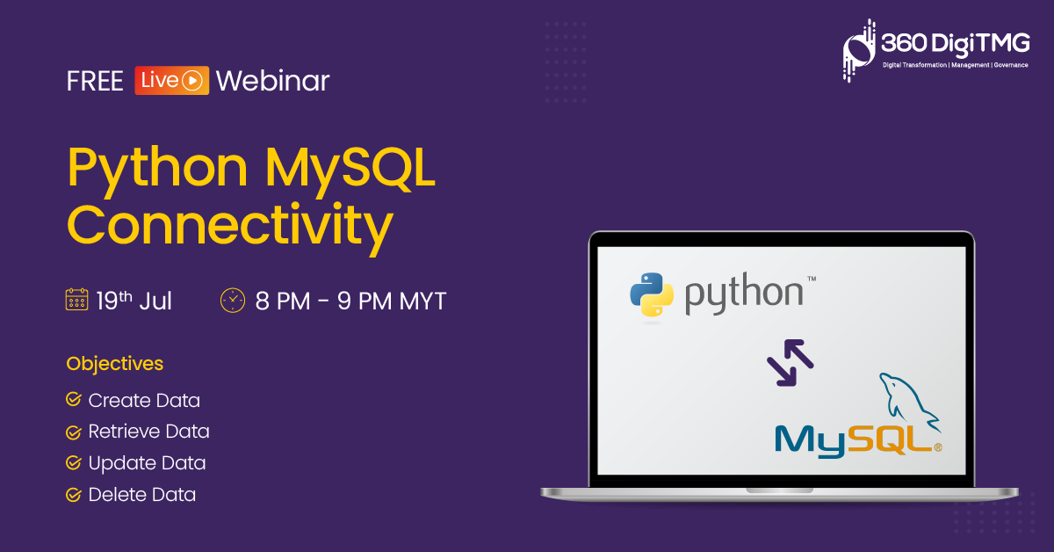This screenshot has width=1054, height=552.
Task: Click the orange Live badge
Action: pos(172,81)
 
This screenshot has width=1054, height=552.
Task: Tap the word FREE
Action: pos(95,81)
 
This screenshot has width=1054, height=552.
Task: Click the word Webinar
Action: pos(272,81)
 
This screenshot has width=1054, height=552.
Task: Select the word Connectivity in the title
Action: pos(229,228)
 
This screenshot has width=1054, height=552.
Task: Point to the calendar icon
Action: pos(76,300)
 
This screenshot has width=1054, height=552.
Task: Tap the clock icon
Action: pos(233,300)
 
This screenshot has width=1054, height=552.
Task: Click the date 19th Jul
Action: pos(134,301)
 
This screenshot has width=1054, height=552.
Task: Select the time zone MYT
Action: pos(422,301)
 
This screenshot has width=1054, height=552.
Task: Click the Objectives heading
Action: pos(115,364)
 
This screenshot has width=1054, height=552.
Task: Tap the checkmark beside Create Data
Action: pos(74,399)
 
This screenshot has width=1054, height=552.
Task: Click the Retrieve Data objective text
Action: pos(148,432)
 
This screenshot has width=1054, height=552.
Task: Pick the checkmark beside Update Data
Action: pos(74,462)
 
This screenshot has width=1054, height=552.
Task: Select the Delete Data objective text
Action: pos(142,495)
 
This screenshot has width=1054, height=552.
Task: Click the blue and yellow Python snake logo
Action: pos(652,294)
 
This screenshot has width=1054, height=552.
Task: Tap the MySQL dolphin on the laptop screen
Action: pos(909,402)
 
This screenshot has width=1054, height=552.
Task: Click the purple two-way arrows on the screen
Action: pos(790,363)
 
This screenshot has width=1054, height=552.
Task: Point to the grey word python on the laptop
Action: pos(743,293)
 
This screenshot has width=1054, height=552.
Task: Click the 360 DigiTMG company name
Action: pos(956,44)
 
